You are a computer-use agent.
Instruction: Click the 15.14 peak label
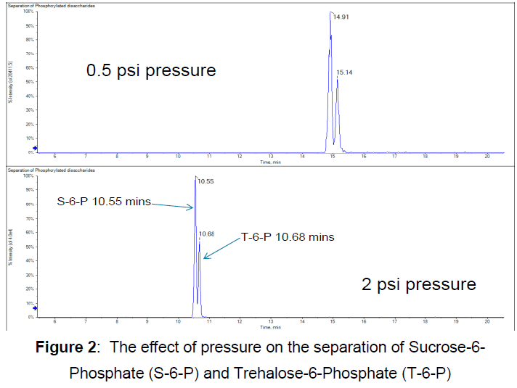click(344, 73)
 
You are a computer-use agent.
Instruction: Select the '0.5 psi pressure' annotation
click(151, 70)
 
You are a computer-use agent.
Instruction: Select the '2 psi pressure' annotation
click(419, 284)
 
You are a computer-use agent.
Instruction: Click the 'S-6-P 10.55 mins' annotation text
click(104, 202)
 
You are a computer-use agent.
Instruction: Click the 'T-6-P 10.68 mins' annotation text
click(288, 236)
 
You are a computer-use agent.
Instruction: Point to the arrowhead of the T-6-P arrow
click(204, 257)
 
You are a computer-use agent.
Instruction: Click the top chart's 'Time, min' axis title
click(269, 162)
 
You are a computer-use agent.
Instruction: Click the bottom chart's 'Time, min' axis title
click(269, 327)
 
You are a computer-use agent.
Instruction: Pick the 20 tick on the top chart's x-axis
click(487, 156)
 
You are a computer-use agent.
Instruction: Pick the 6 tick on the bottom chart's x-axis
click(55, 321)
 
